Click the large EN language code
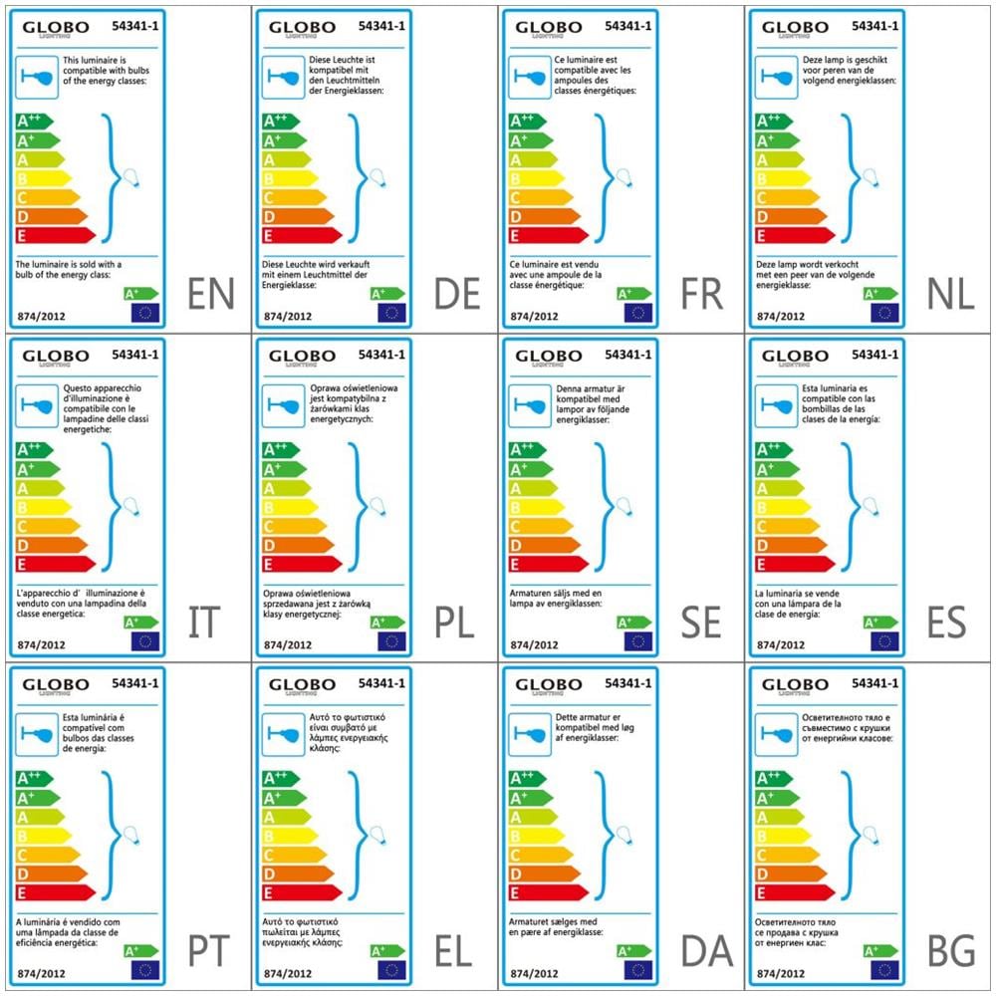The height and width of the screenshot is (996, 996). [x=211, y=294]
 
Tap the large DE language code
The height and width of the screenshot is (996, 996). [x=457, y=294]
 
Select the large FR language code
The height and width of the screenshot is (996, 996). [x=702, y=294]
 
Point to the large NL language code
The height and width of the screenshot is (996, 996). [x=950, y=294]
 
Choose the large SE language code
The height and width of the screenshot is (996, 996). [x=701, y=622]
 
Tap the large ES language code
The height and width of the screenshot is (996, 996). [x=946, y=622]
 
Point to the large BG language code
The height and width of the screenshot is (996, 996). [x=950, y=952]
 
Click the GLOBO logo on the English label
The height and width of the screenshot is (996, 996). [x=56, y=29]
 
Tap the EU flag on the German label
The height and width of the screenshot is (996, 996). [x=391, y=313]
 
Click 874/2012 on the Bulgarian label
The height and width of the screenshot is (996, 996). [x=779, y=972]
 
